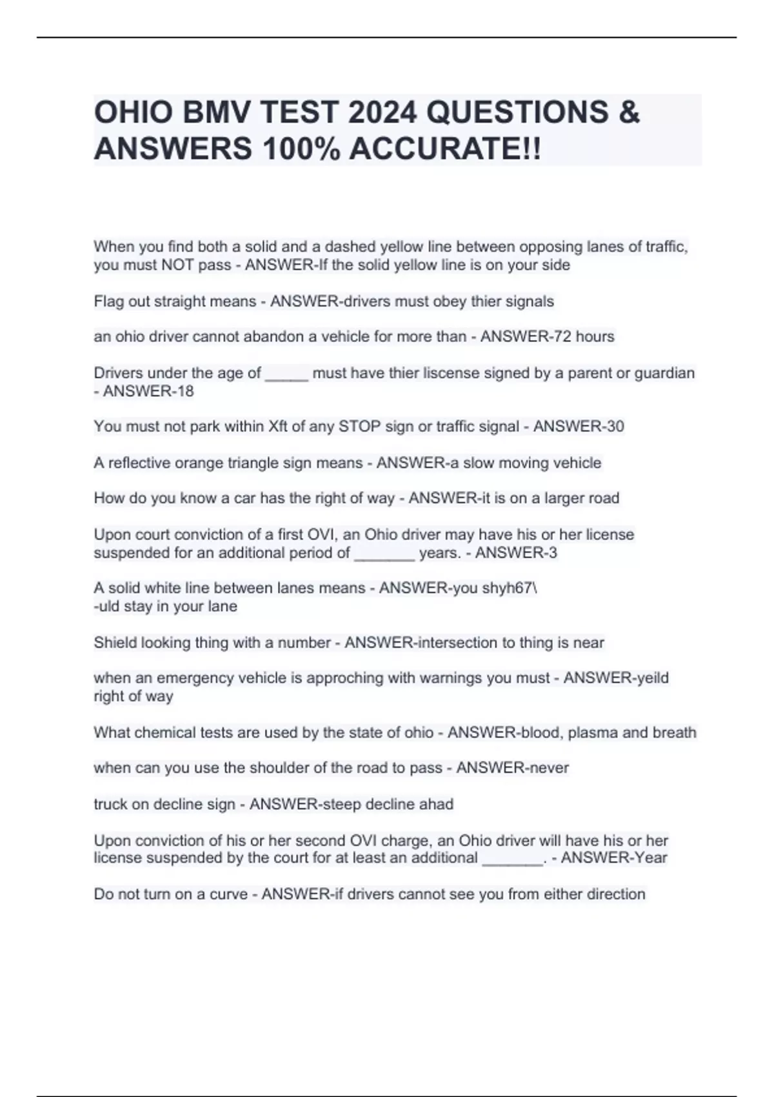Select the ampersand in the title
(x=629, y=112)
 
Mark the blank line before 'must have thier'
(x=286, y=374)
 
